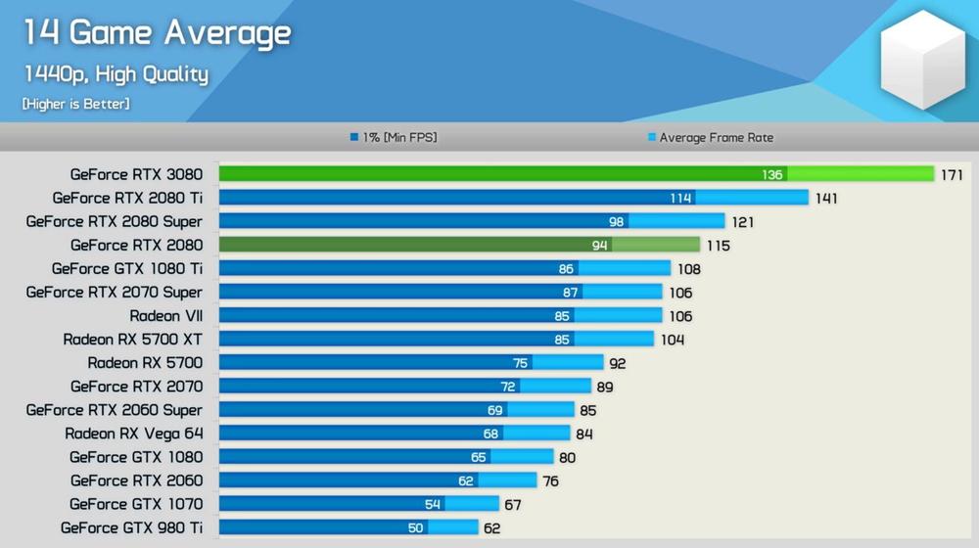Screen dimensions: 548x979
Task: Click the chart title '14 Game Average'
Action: click(x=157, y=34)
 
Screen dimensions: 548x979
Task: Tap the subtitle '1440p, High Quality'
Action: click(x=116, y=74)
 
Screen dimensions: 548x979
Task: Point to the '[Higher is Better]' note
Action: click(x=75, y=103)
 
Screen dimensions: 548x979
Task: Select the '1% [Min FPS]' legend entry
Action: click(x=394, y=138)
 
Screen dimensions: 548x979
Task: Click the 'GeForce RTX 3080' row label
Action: click(x=136, y=174)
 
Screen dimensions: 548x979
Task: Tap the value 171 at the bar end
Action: click(x=952, y=175)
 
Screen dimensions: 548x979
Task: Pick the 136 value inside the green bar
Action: click(x=772, y=175)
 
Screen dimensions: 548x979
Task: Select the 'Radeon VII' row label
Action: click(x=166, y=316)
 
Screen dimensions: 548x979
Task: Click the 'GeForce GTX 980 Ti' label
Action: click(x=131, y=527)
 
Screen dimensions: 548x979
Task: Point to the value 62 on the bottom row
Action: click(x=492, y=528)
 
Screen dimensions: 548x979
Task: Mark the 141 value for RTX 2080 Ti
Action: click(x=825, y=199)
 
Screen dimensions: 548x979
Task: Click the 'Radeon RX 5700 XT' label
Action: click(x=132, y=340)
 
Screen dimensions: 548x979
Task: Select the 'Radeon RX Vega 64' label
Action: click(x=134, y=434)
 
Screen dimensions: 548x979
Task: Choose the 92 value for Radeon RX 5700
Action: click(x=617, y=363)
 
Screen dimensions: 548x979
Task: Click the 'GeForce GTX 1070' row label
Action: click(x=136, y=504)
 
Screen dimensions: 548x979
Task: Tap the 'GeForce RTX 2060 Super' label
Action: click(x=115, y=410)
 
